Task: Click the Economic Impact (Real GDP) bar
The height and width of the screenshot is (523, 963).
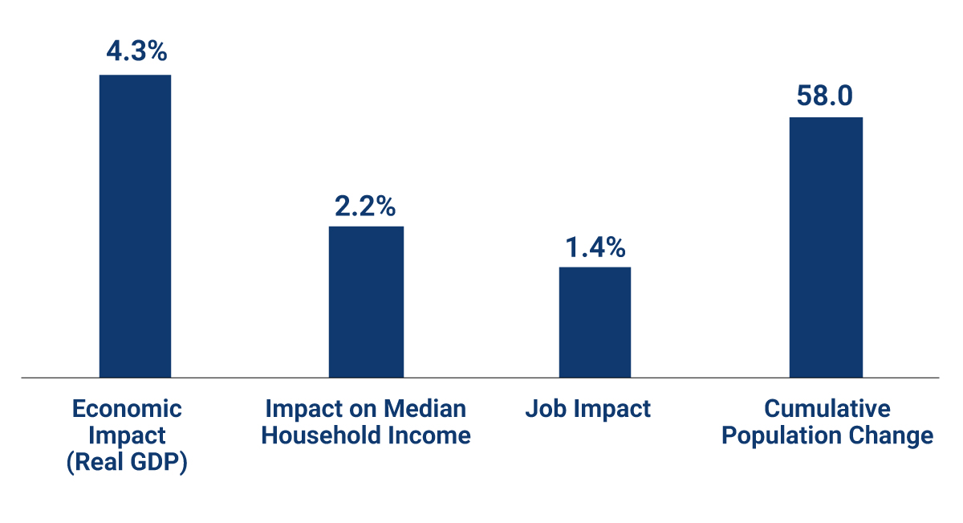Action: (x=135, y=226)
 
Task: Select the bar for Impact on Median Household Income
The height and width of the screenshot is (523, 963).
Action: (x=366, y=301)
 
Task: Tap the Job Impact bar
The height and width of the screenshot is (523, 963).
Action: (x=595, y=321)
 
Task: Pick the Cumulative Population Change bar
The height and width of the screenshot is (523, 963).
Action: (x=826, y=247)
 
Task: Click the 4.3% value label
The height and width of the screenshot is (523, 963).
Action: (x=136, y=51)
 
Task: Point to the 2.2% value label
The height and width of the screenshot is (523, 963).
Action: (x=366, y=206)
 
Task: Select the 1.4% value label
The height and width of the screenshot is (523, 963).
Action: (x=595, y=247)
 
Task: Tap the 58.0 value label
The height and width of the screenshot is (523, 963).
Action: (x=825, y=96)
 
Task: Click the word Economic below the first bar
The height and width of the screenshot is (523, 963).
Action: (x=128, y=408)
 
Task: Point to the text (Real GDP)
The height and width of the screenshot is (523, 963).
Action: (x=128, y=463)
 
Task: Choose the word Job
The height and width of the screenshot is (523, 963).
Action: (x=542, y=408)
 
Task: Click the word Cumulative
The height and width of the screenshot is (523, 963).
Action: (x=827, y=408)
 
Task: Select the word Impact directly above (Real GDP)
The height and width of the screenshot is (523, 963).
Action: (x=128, y=435)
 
